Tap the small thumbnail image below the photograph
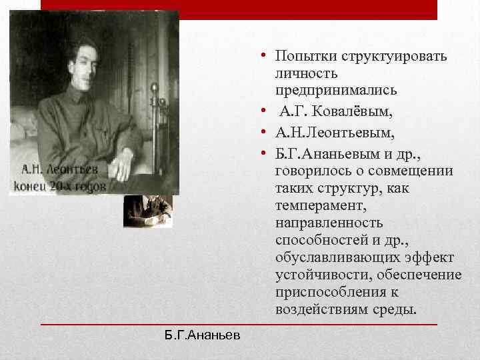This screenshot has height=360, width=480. pos(148,211)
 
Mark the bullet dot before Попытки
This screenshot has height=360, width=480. pos(265,57)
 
